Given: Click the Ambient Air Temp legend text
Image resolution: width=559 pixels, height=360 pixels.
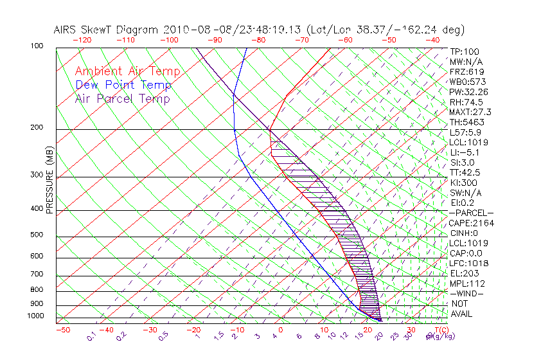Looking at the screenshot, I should coord(127,72).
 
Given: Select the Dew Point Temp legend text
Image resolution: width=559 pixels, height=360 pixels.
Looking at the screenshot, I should coord(123,85).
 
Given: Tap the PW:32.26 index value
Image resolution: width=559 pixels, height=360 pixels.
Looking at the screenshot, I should coord(468,92).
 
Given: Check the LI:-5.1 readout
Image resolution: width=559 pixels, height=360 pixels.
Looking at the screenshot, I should coord(465,152).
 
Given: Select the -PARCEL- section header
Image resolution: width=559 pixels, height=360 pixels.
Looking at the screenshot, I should coord(471,213).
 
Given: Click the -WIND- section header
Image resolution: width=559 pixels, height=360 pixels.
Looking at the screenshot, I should coord(467,293).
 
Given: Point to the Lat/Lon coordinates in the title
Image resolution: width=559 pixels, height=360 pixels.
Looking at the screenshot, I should coord(386,30).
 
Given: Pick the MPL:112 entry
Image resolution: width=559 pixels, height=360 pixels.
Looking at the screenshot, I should coord(466,283).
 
